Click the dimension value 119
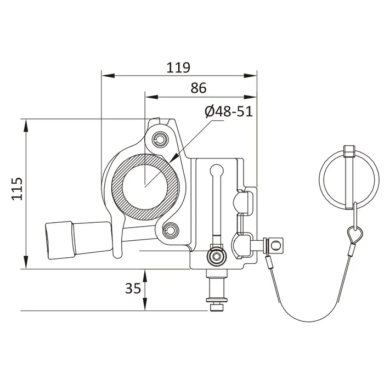point(178,67)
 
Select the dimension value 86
point(199,88)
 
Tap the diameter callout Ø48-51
point(229,111)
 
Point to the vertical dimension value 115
point(17,189)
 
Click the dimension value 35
point(133,288)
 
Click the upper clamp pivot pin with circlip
point(160,139)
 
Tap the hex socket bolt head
point(217,257)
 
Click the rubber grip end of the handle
point(59,240)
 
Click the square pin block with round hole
point(275,245)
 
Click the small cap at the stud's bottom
point(217,307)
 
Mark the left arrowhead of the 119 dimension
point(108,76)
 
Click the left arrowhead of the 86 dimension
point(152,97)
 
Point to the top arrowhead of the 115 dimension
point(25,126)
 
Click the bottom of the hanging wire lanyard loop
point(308,321)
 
